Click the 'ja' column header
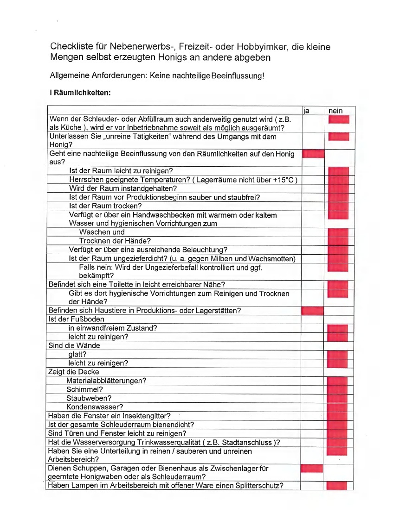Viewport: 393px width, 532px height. tap(306, 111)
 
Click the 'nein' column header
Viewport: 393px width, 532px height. tap(336, 111)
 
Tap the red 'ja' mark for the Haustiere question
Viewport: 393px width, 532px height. tap(312, 311)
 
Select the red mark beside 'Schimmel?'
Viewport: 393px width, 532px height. tap(337, 389)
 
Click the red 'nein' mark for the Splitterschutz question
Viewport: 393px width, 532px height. tap(337, 486)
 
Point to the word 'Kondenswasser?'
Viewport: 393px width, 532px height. tap(95, 407)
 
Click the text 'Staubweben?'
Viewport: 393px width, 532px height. tap(89, 398)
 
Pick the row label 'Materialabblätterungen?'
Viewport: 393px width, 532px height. tap(106, 381)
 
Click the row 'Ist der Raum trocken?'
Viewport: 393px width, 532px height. tap(105, 206)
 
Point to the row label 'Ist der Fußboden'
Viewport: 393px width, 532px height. tap(77, 319)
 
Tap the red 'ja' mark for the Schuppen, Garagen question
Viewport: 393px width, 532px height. tap(312, 469)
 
